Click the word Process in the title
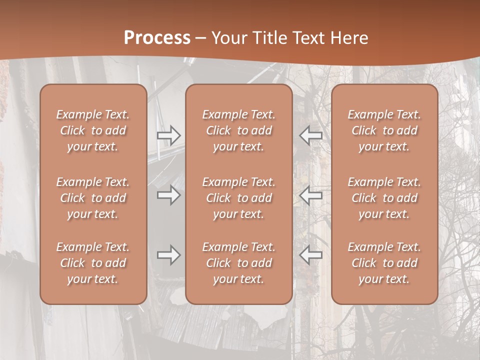point(157,38)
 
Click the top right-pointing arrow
point(168,135)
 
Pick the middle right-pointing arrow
point(168,195)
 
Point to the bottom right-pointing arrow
point(168,255)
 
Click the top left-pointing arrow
point(310,135)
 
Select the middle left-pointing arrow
point(310,195)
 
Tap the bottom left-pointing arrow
point(310,255)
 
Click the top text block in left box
point(93,130)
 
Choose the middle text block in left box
point(93,198)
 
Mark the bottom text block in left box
point(93,263)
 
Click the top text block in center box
point(239,130)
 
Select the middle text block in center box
point(239,198)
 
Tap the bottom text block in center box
point(239,263)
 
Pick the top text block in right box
point(384,130)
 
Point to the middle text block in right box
point(384,198)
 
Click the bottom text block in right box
point(384,263)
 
